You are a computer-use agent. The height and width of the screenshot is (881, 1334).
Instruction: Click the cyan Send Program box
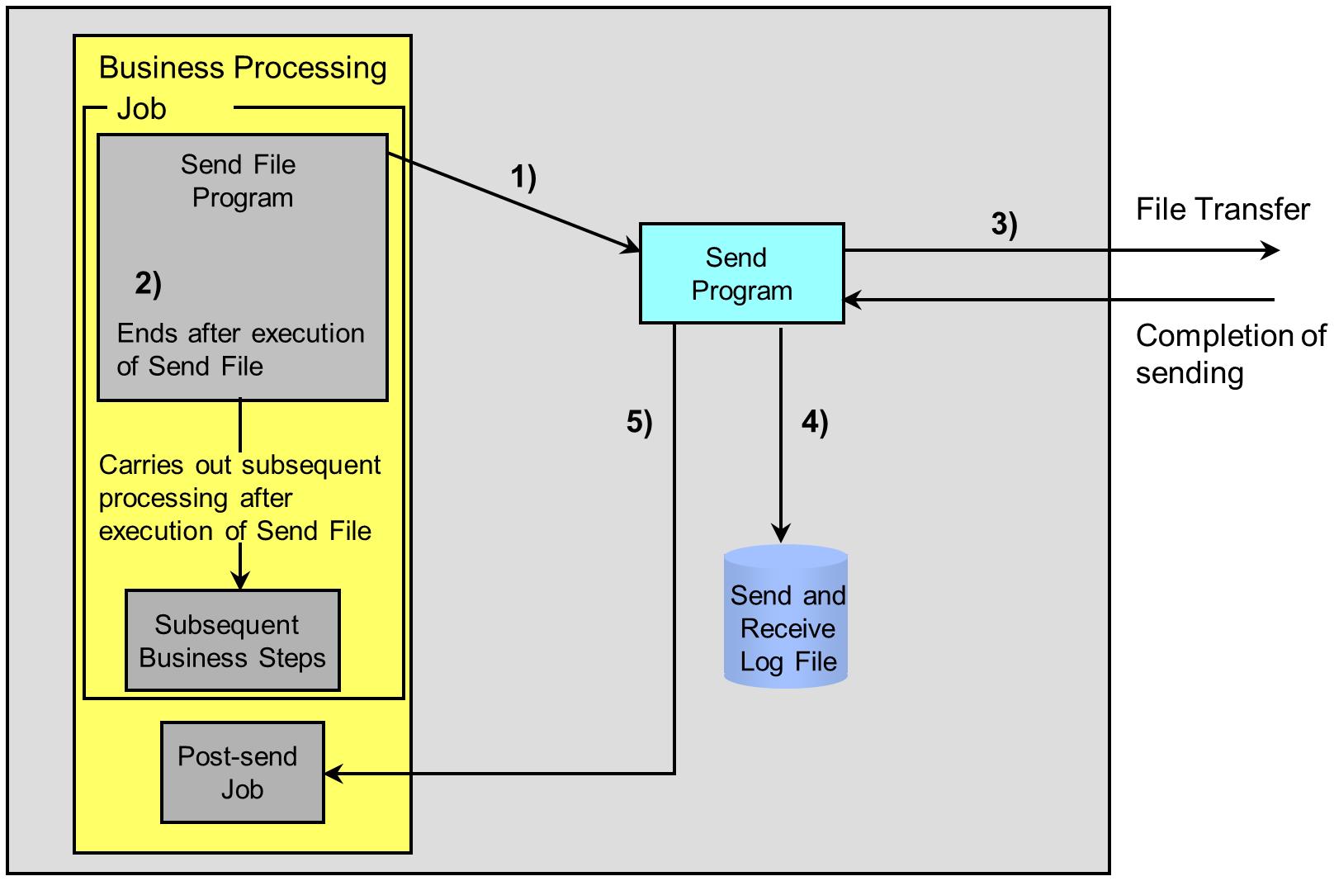tap(741, 273)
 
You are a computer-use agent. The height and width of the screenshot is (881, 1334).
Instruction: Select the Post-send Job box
tap(243, 773)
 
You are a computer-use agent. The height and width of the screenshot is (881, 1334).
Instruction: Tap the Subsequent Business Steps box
tap(232, 641)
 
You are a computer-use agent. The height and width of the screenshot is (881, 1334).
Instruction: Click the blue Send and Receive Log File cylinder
tap(786, 616)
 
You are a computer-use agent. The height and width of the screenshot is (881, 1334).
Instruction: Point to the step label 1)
tap(523, 178)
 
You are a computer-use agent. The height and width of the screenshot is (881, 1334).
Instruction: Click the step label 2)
tap(149, 283)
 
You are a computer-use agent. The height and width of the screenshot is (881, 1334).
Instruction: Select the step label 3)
tap(1004, 225)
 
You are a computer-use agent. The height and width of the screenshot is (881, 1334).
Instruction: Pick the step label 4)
tap(815, 422)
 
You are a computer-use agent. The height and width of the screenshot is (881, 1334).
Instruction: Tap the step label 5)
tap(639, 422)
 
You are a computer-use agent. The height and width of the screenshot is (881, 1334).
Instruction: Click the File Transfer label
tap(1223, 209)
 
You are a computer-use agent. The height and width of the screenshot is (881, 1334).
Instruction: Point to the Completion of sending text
tap(1230, 354)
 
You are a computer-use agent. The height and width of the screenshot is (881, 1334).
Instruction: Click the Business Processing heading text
tap(243, 68)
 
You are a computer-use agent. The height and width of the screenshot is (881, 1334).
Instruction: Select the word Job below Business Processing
tap(141, 109)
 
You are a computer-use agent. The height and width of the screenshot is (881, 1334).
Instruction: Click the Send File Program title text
tap(239, 181)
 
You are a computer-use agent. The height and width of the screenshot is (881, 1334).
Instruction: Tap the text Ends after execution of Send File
tap(240, 349)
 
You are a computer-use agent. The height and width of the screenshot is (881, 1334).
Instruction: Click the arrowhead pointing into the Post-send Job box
tap(333, 773)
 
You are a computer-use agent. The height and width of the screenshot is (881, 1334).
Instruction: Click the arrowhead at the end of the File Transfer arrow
tap(1270, 250)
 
